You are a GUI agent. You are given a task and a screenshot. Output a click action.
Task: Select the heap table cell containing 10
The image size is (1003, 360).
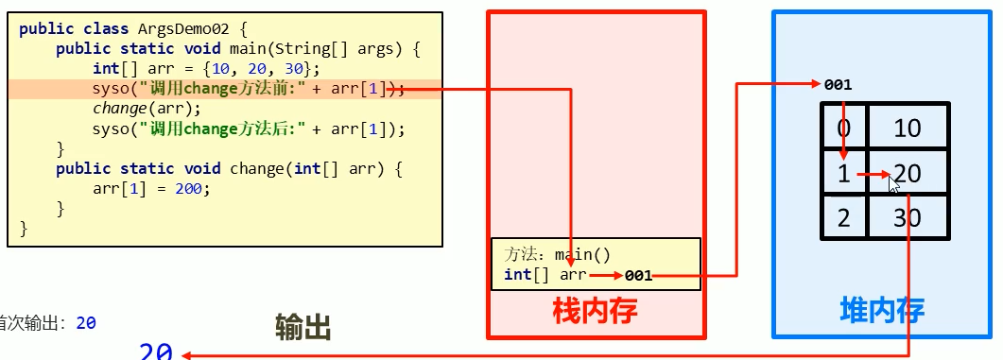907,128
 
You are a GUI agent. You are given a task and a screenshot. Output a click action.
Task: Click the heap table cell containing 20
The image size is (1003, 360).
907,173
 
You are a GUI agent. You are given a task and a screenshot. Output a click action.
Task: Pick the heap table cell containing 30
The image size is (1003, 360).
907,218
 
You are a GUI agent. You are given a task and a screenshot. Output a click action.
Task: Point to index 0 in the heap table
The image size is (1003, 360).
843,128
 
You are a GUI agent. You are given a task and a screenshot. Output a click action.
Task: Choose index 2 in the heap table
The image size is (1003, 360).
843,218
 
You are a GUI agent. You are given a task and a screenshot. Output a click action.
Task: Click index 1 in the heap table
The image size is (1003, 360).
843,173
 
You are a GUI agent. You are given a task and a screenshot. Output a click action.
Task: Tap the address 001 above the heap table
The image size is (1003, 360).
838,84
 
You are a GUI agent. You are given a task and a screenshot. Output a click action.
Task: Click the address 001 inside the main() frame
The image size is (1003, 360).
637,276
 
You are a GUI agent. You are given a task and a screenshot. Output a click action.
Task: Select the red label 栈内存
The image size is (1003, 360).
595,309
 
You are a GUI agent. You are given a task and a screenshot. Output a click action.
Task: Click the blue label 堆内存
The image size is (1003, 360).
882,309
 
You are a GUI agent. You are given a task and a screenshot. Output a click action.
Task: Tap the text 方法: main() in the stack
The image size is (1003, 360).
558,254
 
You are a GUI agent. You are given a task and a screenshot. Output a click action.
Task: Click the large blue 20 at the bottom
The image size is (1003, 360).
156,351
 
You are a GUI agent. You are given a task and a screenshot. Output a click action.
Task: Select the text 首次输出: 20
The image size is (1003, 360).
47,323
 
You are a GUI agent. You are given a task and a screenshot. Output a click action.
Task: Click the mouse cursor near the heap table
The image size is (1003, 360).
893,183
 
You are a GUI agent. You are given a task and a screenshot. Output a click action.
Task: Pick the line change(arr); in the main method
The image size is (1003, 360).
134,109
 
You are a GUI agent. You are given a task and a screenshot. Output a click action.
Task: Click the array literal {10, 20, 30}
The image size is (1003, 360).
265,69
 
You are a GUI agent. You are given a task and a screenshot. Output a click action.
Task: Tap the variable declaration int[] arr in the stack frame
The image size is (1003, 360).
545,275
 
